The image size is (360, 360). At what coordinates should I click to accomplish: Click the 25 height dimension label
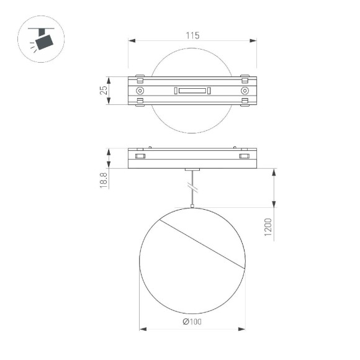point(104,91)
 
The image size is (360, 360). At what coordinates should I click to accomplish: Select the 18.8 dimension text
point(104,179)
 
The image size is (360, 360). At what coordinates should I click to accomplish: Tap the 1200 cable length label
point(267,228)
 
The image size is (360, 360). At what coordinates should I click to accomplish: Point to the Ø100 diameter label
point(192,322)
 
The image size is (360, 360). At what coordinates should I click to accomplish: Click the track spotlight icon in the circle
point(43,40)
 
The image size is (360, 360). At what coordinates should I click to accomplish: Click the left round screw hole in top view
point(139,91)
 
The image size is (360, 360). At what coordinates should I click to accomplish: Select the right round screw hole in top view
point(245,91)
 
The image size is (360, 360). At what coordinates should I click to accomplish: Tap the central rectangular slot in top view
point(192,91)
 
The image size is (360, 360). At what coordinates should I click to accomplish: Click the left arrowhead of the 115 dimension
point(132,42)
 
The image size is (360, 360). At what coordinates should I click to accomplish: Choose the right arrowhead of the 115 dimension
point(253,42)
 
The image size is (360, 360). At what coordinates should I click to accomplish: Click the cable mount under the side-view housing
point(192,169)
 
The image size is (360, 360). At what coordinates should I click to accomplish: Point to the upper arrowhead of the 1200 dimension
point(274,172)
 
